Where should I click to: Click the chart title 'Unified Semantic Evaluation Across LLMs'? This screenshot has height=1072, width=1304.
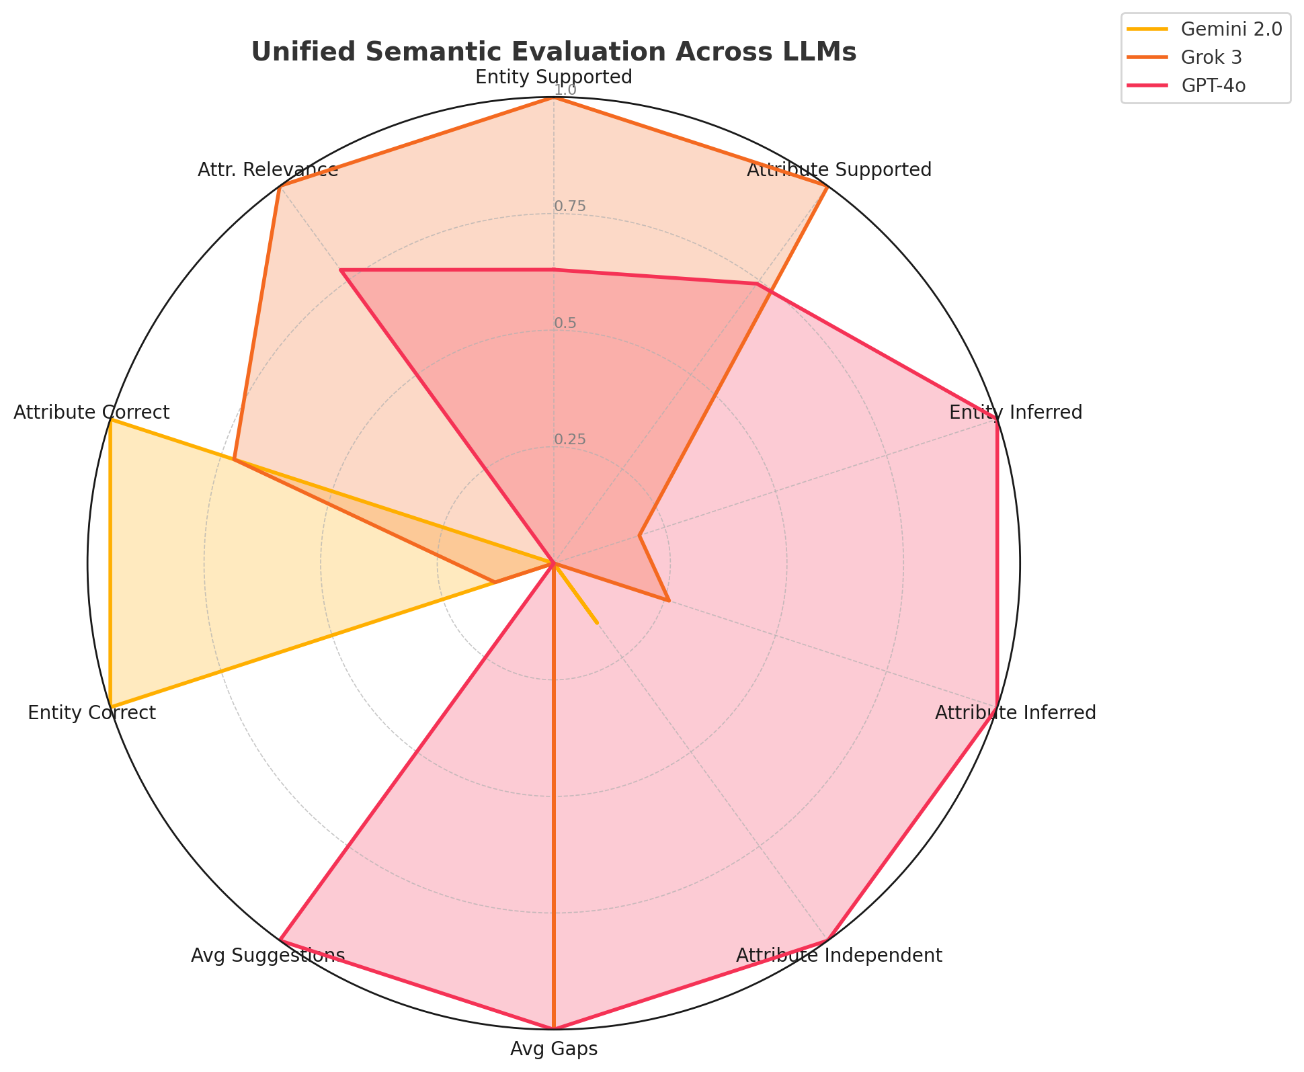(x=553, y=52)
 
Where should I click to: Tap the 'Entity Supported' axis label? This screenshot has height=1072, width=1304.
(x=553, y=77)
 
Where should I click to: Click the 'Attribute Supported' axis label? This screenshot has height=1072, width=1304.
(x=839, y=170)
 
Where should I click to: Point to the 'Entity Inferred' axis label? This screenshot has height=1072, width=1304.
(x=1015, y=413)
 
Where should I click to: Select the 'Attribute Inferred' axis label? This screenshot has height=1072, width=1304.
(x=1015, y=713)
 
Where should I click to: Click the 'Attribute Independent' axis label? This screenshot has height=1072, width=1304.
(x=839, y=956)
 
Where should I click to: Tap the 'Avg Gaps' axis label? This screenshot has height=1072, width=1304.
(x=553, y=1049)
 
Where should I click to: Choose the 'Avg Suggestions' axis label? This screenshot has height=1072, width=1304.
(x=268, y=956)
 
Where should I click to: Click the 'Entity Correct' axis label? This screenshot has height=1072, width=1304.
(x=91, y=713)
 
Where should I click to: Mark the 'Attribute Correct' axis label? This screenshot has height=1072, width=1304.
(x=91, y=413)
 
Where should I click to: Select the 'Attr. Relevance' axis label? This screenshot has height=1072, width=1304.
(x=268, y=170)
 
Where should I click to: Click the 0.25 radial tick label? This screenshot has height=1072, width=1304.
(x=569, y=440)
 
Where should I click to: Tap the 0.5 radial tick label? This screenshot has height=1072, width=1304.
(x=565, y=323)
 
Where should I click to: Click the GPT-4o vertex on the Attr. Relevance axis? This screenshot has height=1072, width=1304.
(x=340, y=270)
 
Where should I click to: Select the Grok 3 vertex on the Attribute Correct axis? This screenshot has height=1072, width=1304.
(x=234, y=460)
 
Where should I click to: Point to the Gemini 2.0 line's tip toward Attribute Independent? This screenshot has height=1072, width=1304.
(x=597, y=623)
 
